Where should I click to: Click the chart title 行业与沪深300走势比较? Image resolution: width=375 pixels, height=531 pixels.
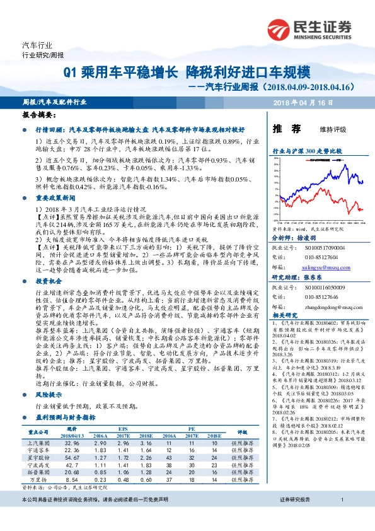pyautogui.click(x=306, y=151)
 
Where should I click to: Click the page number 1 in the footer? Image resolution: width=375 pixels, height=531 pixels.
pyautogui.click(x=341, y=517)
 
